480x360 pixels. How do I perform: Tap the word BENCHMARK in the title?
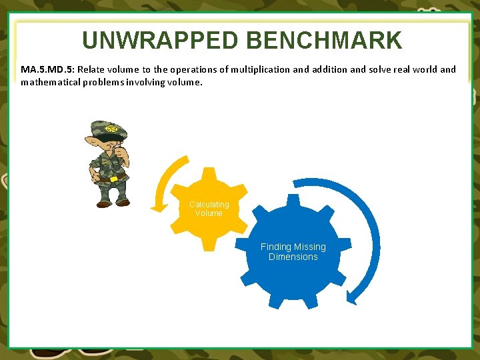(x=324, y=41)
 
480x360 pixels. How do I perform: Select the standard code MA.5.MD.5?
(x=47, y=69)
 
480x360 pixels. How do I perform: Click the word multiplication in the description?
(x=252, y=69)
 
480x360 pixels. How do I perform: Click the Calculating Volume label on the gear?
(x=209, y=209)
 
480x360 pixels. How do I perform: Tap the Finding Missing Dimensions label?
(x=293, y=251)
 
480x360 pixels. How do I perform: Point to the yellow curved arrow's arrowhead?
(x=159, y=207)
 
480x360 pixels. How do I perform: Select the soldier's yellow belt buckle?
(x=113, y=179)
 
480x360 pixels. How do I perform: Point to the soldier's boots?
(x=113, y=201)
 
